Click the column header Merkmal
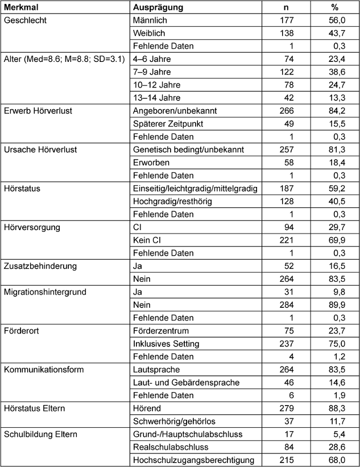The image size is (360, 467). tap(18, 7)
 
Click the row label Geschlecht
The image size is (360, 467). tap(24, 20)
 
